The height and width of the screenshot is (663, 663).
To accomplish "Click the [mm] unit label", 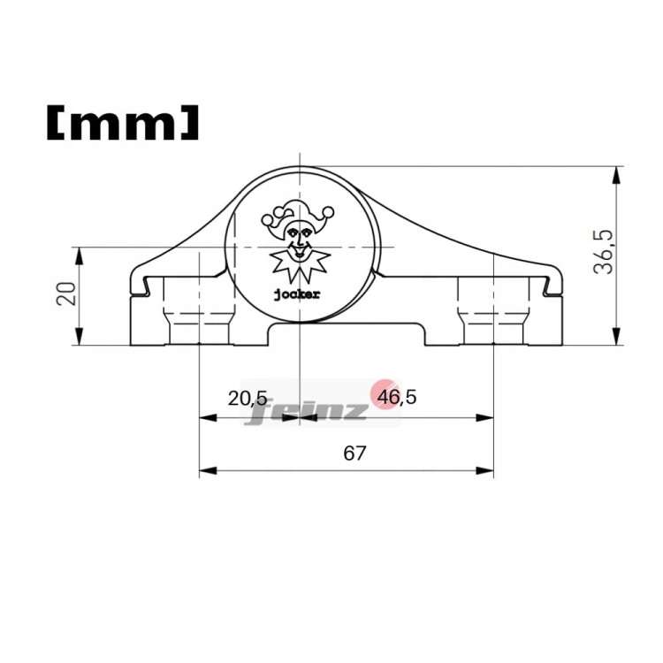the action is click(122, 123).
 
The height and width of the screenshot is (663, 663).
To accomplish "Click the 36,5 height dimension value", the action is click(603, 252).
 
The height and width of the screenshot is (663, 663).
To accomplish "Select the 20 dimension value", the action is click(66, 293).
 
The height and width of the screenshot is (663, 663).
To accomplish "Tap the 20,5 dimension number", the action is click(248, 398).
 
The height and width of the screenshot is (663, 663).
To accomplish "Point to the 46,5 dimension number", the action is click(397, 397).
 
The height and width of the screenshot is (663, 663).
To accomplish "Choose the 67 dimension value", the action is click(354, 453).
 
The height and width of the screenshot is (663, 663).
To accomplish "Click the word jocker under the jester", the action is click(297, 294).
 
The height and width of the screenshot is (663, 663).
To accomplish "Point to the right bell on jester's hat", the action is click(328, 211).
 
